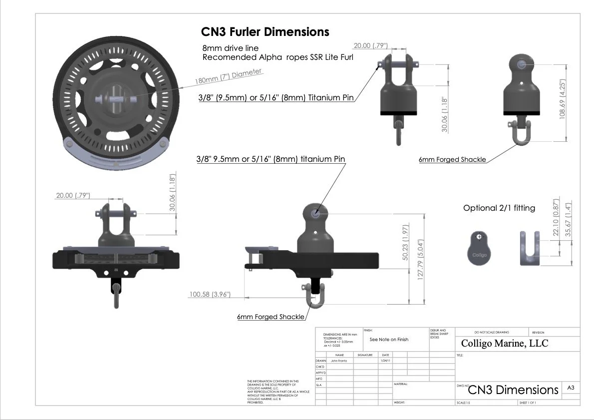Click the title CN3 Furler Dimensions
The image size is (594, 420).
(x=265, y=32)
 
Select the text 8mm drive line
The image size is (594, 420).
(x=230, y=48)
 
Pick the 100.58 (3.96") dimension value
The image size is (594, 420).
(x=210, y=295)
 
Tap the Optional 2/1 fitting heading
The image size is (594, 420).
(x=499, y=208)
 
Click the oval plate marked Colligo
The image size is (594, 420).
(x=479, y=249)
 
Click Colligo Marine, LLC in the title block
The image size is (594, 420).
(x=504, y=344)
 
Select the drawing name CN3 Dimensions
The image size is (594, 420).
(x=513, y=390)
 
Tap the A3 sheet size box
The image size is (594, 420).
(x=571, y=387)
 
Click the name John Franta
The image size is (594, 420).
(x=339, y=361)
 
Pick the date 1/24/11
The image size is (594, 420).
(x=385, y=361)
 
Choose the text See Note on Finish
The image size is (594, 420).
(x=389, y=340)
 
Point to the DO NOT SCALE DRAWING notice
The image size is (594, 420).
(x=492, y=333)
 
